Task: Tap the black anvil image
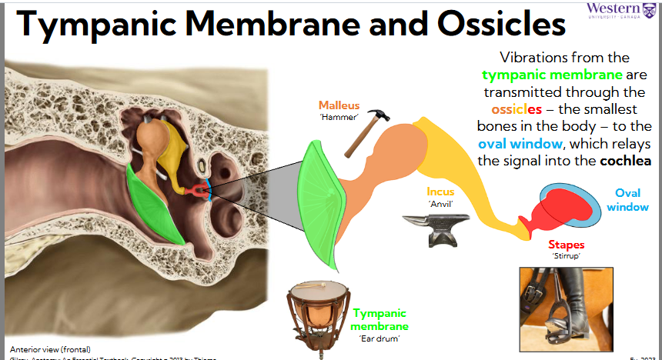[433, 229]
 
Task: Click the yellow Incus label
[440, 192]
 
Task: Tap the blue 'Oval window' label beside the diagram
[627, 200]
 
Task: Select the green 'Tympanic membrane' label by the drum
[379, 319]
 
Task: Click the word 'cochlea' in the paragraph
[623, 161]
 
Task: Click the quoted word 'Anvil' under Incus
[440, 204]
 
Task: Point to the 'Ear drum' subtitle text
[379, 338]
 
